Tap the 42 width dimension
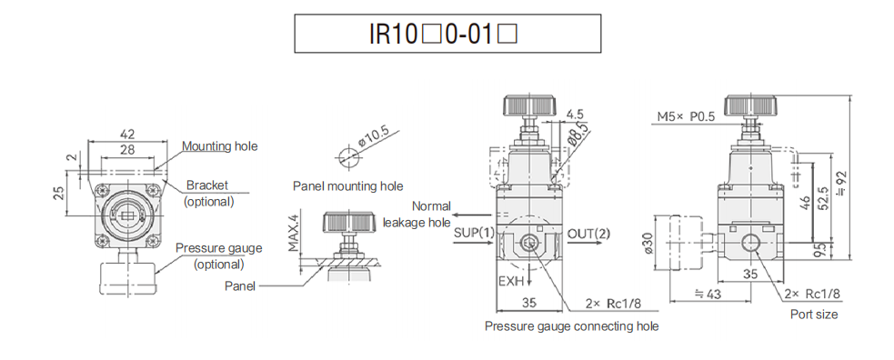point(128,135)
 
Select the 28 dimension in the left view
point(128,149)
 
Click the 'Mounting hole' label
point(219,145)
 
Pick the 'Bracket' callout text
point(206,185)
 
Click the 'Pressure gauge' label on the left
point(219,248)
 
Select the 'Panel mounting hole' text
point(347,186)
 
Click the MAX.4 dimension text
point(293,234)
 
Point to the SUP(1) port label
point(474,233)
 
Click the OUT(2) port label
point(589,233)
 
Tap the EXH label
point(511,282)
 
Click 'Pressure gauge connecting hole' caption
point(571,325)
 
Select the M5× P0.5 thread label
point(687,115)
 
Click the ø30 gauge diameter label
point(648,243)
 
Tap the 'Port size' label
point(815,314)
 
